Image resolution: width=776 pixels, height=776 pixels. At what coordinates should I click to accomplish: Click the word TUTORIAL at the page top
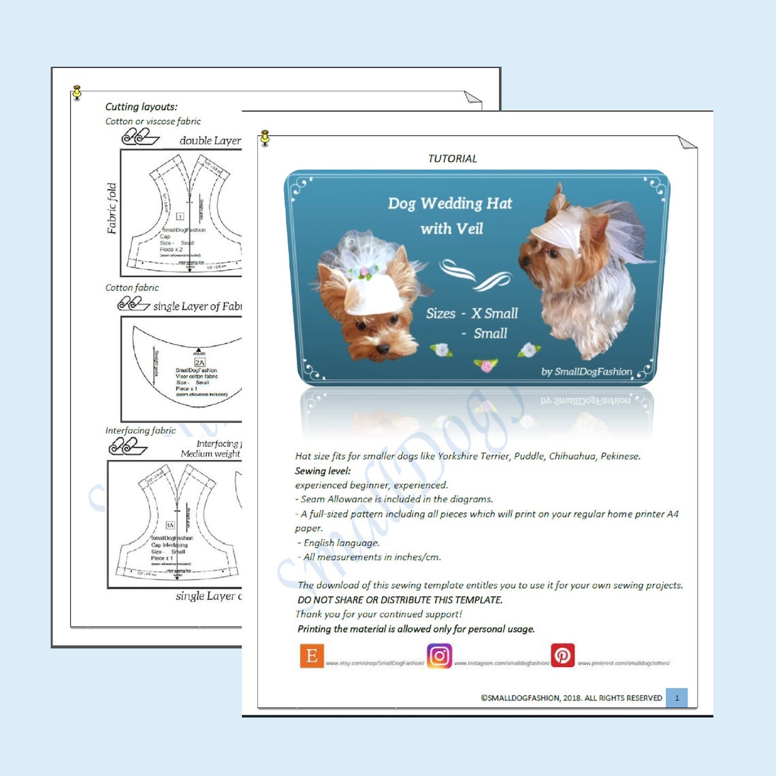click(452, 159)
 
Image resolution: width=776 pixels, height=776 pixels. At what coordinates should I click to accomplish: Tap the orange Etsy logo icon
click(311, 656)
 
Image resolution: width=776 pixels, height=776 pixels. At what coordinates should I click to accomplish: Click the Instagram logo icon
click(439, 656)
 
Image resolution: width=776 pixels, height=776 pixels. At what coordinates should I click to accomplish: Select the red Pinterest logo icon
click(562, 656)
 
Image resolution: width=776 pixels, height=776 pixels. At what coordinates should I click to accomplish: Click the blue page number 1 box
click(676, 698)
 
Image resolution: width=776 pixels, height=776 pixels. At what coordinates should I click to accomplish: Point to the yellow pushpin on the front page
click(265, 138)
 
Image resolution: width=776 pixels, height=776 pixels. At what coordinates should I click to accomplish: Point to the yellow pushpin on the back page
click(77, 92)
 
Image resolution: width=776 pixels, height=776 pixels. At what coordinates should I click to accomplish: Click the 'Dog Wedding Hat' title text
click(449, 204)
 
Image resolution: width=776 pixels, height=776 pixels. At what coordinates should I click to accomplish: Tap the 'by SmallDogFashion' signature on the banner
click(586, 372)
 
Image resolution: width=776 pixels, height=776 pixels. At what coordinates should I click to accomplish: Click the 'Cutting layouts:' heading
click(141, 107)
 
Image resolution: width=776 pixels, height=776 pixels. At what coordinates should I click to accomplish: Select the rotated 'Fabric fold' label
click(112, 208)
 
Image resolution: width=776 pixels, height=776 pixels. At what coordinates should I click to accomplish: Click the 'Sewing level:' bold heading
click(323, 471)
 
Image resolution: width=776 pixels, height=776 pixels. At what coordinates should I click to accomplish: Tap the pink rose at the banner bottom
click(485, 366)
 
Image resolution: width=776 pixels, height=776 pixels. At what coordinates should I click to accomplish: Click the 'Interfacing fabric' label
click(140, 430)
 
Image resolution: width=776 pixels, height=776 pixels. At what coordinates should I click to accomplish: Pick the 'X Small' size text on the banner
click(494, 314)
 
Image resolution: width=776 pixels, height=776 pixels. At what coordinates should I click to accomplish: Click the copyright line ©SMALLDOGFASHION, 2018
click(571, 698)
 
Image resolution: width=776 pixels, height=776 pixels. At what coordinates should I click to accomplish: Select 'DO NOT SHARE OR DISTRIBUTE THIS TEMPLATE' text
click(400, 600)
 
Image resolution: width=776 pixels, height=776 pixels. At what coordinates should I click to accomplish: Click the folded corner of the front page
click(686, 142)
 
